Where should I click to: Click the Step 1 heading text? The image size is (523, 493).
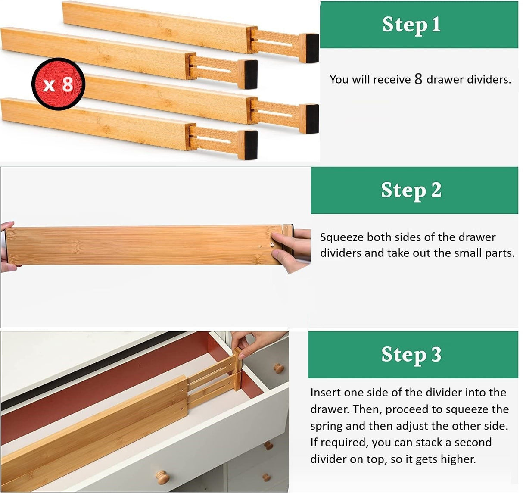(x=411, y=25)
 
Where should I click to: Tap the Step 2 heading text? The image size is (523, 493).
(x=411, y=190)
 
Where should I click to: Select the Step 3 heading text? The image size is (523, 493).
(x=411, y=355)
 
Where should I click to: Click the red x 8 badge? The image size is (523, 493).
(x=58, y=84)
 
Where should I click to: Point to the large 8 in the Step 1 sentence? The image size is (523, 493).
(x=418, y=79)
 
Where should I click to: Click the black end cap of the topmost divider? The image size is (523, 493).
(x=310, y=47)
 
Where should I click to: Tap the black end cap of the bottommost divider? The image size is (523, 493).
(x=249, y=145)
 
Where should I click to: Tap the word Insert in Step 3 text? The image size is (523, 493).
(x=326, y=393)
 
